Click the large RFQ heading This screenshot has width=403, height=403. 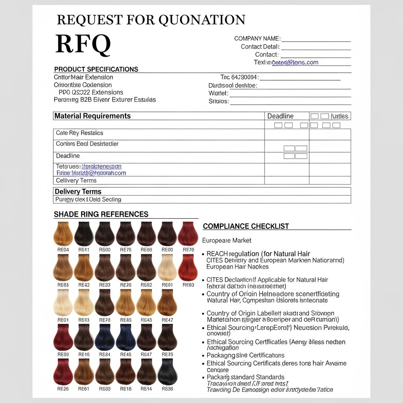coord(83,44)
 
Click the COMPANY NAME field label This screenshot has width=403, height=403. coord(257,39)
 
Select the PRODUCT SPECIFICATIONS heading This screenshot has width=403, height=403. coord(96,69)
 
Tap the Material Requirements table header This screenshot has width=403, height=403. coord(92,116)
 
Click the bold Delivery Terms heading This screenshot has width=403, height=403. coord(78,192)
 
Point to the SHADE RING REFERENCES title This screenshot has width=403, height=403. coord(101,214)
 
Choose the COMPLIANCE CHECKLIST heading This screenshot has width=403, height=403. coord(246,226)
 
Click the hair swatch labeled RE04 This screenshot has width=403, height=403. coord(63,234)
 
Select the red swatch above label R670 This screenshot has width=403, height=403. coord(188,234)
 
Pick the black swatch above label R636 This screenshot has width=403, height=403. coord(167,372)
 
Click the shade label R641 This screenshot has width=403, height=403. coord(84,250)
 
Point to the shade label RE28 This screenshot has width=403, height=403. coord(63,389)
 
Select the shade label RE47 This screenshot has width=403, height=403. coord(167,320)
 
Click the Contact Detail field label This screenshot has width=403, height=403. coord(260,47)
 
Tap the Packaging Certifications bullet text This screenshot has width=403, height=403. coord(246,355)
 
